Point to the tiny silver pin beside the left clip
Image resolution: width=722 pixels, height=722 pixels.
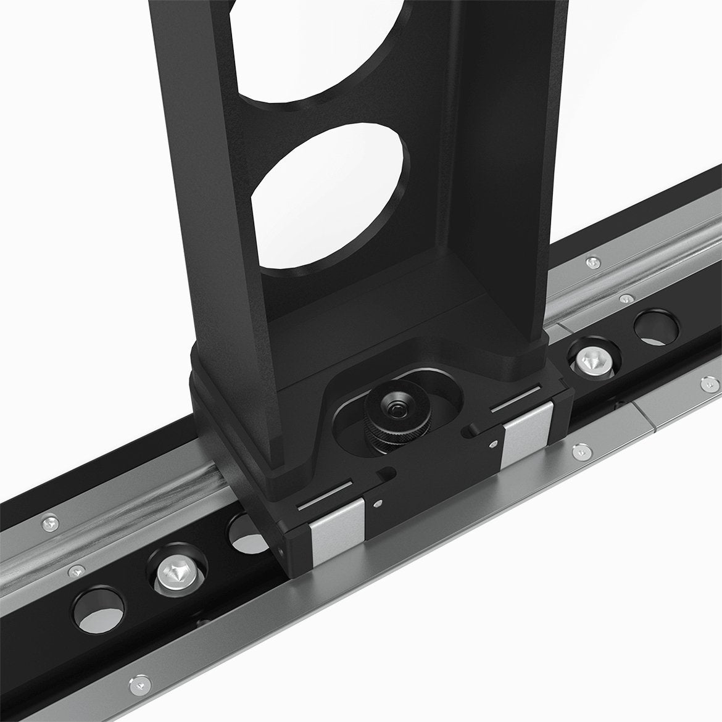coord(376,503)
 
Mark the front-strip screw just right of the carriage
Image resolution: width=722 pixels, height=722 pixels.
coord(579,454)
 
